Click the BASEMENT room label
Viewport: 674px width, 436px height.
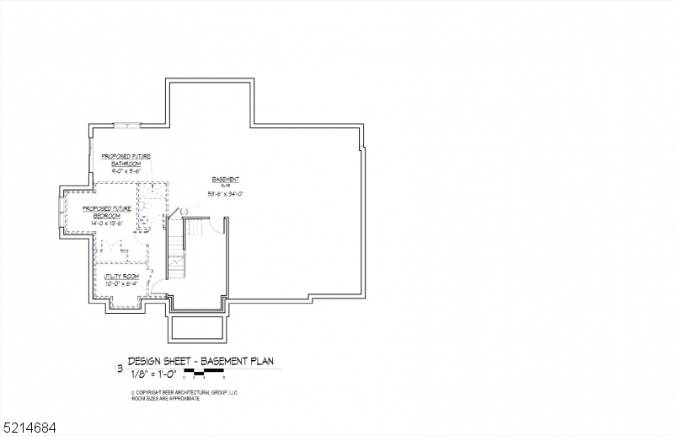click(x=225, y=180)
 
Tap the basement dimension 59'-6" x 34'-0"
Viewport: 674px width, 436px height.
click(x=225, y=193)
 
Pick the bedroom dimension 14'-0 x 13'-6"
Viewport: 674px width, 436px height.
click(x=107, y=223)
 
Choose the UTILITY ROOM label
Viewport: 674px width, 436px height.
click(x=121, y=277)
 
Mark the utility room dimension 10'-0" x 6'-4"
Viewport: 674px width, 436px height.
click(x=121, y=283)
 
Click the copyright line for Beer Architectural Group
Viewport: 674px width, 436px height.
click(x=185, y=392)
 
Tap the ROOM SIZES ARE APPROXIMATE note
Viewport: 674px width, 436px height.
click(x=165, y=398)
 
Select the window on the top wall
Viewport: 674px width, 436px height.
click(x=127, y=126)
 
